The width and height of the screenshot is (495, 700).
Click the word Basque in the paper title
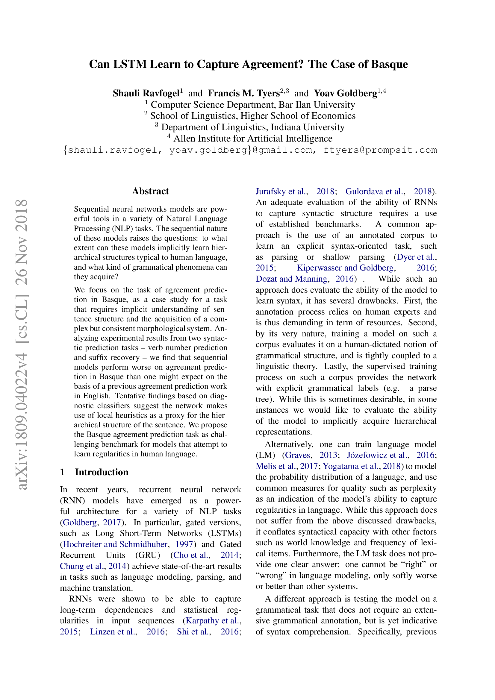(389, 64)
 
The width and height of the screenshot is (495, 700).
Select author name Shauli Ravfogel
(146, 93)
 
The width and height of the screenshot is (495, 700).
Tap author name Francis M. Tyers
(243, 93)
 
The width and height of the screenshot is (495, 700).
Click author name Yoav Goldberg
(345, 93)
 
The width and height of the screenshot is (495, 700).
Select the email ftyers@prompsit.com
(380, 150)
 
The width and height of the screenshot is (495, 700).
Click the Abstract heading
(150, 191)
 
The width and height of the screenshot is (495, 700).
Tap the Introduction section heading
(101, 472)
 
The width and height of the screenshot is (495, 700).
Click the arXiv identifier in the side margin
(22, 344)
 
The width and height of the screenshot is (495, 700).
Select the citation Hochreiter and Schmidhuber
(115, 544)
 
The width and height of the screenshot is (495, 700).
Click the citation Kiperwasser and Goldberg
(345, 268)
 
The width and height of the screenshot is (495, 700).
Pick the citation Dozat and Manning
(291, 279)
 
